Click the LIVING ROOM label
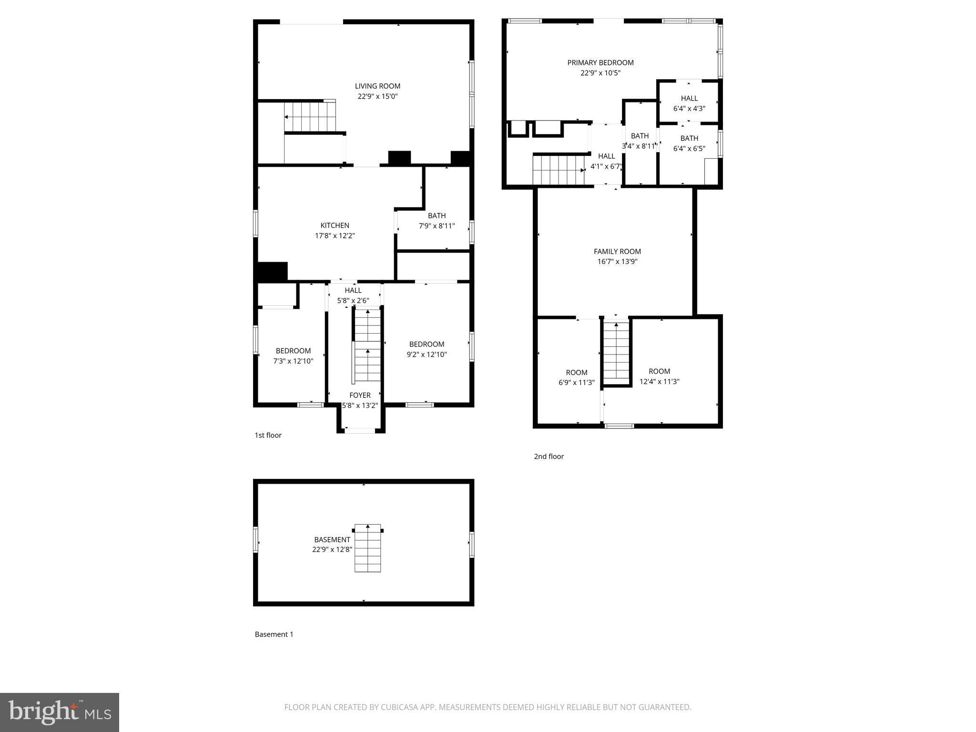tap(377, 86)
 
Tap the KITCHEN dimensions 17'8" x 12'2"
tap(335, 236)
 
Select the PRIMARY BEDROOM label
tap(600, 63)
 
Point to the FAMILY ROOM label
tap(617, 252)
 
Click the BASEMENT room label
tap(332, 540)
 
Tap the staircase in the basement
tap(368, 549)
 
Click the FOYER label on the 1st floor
tap(360, 396)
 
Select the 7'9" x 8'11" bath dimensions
tap(437, 226)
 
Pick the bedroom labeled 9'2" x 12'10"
tap(427, 349)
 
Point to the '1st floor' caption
tap(268, 435)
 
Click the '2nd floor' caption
tap(549, 457)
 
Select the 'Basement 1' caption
tap(274, 634)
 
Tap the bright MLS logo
tap(60, 712)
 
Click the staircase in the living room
tap(310, 117)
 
